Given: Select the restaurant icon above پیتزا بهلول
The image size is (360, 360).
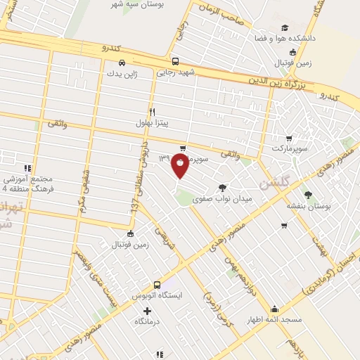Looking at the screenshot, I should [152, 111].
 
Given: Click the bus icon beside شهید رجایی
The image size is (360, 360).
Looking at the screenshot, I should [174, 60].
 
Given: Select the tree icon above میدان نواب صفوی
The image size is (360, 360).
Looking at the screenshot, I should [222, 187].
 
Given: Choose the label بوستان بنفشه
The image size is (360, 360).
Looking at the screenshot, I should [307, 205].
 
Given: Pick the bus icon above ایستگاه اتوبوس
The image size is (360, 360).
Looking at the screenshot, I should [157, 285].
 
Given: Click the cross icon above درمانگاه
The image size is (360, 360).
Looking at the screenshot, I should [147, 311].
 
